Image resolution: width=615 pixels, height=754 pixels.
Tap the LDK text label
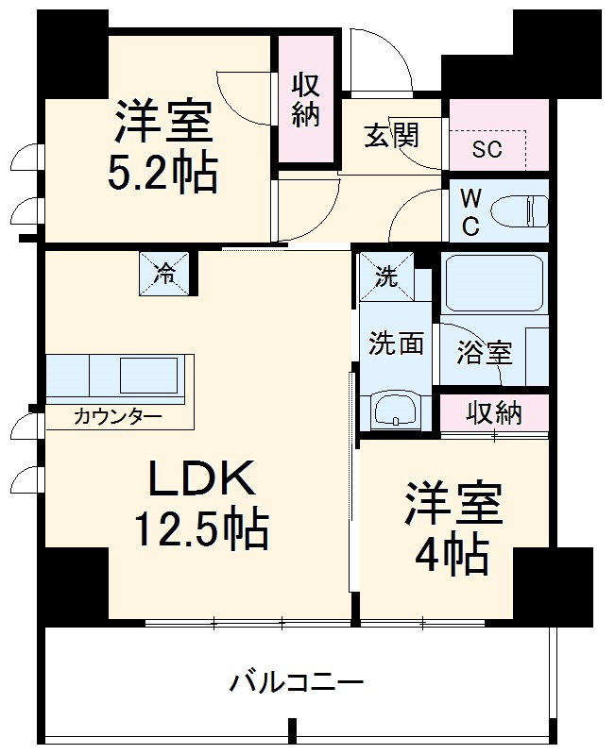[x=200, y=481]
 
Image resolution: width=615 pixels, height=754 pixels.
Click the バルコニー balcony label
[x=297, y=681]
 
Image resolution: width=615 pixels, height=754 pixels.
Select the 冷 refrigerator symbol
[x=165, y=274]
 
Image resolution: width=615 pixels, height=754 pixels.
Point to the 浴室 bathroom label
[x=485, y=353]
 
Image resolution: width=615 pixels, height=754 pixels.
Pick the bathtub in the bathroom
[x=494, y=282]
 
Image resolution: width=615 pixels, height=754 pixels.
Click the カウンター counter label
[x=117, y=416]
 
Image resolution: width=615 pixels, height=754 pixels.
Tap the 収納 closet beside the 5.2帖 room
[x=304, y=99]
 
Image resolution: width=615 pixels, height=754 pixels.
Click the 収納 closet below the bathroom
[x=494, y=412]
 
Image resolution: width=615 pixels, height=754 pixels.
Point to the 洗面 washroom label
[x=396, y=343]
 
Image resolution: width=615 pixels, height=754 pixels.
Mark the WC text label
[x=470, y=213]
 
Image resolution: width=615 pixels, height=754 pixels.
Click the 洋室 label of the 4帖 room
[x=453, y=506]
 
